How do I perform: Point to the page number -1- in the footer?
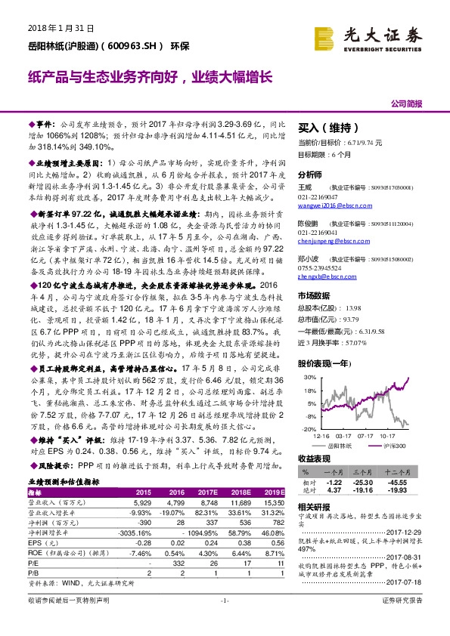click(x=225, y=621)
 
